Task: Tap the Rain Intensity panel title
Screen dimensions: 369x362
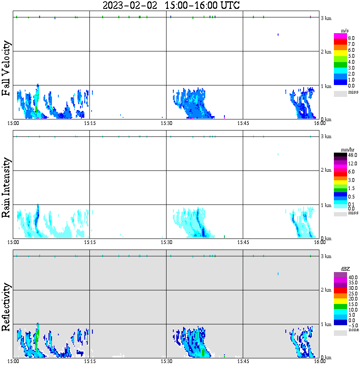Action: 6,187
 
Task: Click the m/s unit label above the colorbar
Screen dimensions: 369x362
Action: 345,31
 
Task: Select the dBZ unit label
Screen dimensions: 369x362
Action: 345,269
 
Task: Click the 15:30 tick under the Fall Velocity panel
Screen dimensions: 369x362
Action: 167,123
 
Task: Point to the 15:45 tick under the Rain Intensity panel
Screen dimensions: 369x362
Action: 243,242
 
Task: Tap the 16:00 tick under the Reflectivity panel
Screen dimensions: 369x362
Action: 320,362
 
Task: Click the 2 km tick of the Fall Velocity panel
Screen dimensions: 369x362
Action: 326,52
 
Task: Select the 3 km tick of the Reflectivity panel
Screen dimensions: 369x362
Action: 326,256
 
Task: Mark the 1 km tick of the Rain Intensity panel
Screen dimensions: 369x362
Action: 326,205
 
